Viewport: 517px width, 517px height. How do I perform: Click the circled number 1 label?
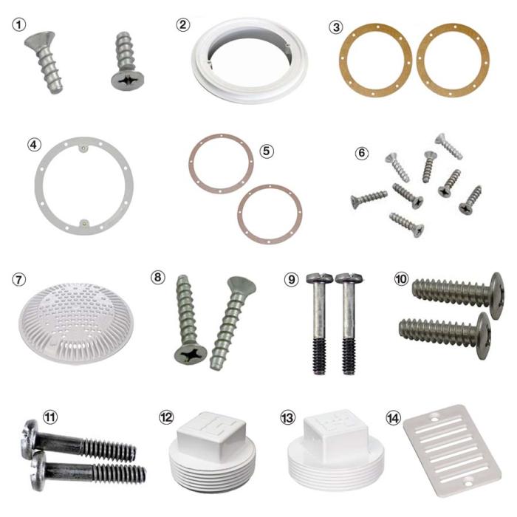pyautogui.click(x=21, y=24)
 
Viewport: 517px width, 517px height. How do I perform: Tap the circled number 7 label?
pyautogui.click(x=21, y=281)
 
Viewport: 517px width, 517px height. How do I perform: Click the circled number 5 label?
pyautogui.click(x=267, y=150)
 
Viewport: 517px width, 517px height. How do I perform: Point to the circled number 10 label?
pyautogui.click(x=401, y=281)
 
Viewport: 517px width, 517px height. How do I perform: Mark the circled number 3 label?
pyautogui.click(x=336, y=28)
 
